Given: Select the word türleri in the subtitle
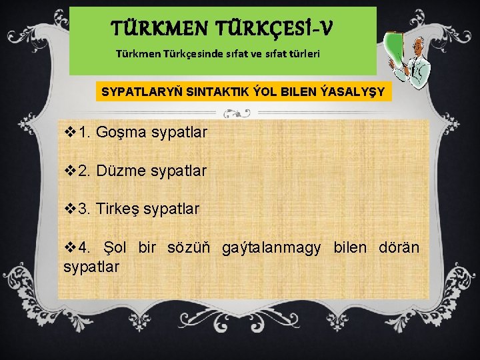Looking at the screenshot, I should pos(302,52).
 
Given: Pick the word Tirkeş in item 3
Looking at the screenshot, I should pos(118,209).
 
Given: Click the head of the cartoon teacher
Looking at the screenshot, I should pos(418,47).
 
